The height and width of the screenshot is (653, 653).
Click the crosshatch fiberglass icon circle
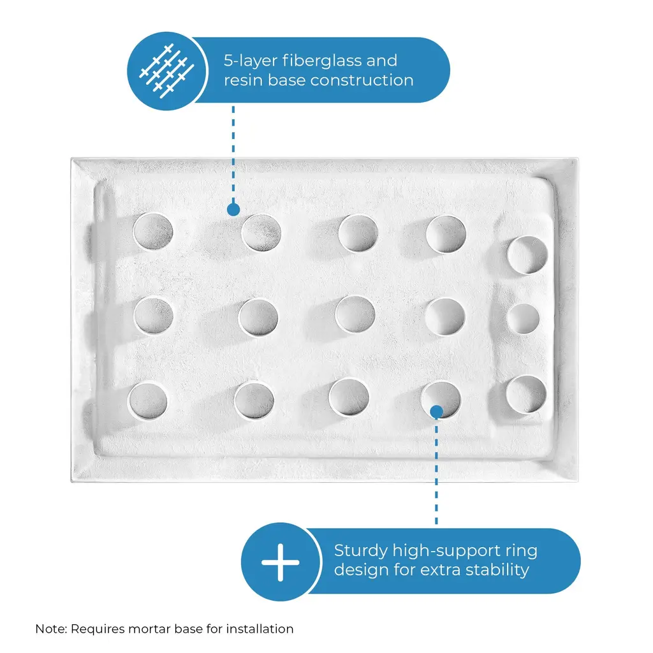point(166,71)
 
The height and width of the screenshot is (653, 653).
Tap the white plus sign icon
point(281,562)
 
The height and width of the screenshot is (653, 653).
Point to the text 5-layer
point(251,61)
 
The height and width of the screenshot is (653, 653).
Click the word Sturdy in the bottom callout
point(361,551)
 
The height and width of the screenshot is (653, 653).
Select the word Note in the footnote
point(50,628)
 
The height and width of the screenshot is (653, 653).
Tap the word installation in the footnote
point(260,628)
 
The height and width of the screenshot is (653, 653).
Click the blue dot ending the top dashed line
point(233,209)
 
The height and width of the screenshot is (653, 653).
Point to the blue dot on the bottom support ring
point(436,412)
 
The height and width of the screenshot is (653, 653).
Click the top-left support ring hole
point(153,231)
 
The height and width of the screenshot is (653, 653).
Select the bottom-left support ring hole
point(148,400)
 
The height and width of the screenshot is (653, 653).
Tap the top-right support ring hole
point(527,255)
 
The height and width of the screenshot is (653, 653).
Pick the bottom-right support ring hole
point(526,394)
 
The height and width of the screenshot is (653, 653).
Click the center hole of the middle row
point(355,315)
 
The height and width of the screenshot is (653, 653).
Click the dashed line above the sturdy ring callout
point(436,471)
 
